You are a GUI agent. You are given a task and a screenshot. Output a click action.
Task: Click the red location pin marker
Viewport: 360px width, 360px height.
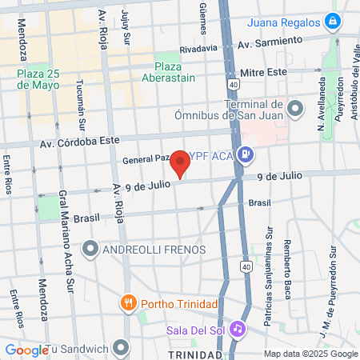coord(181,164)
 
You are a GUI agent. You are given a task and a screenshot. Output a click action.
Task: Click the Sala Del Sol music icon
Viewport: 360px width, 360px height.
coord(237,329)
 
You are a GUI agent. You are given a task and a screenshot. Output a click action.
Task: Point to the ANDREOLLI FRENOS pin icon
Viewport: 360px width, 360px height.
coord(90,250)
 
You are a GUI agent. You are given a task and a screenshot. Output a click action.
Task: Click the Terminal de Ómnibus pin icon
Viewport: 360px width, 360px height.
coord(295,107)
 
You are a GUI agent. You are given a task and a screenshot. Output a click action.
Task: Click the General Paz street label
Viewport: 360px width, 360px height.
coord(144,159)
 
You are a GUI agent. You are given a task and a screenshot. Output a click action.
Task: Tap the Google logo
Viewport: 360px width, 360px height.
coord(26,350)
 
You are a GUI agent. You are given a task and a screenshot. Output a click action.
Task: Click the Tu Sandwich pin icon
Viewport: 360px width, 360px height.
coord(121,348)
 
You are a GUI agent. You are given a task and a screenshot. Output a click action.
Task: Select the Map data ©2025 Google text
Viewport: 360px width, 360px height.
coord(311,354)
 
